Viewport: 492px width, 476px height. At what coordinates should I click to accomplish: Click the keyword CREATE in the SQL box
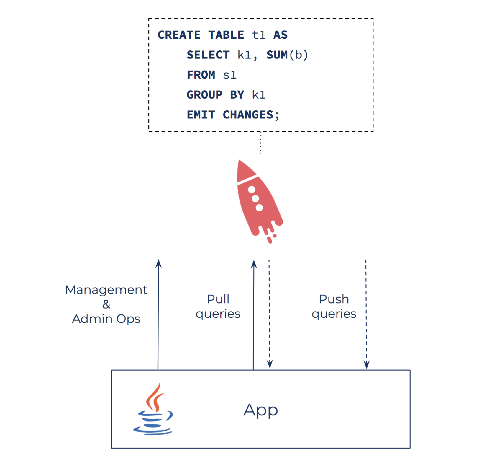(x=179, y=35)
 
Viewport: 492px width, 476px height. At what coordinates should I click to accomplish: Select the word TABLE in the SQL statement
(x=226, y=35)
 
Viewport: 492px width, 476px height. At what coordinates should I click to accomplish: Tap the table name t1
(x=258, y=35)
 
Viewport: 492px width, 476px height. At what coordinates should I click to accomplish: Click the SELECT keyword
(x=208, y=55)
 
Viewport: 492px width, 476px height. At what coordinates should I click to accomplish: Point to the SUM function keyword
(x=277, y=55)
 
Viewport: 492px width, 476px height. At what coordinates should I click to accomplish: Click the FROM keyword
(x=201, y=75)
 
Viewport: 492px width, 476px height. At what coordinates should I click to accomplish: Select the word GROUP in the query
(x=204, y=95)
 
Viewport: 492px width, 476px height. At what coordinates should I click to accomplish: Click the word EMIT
(x=201, y=115)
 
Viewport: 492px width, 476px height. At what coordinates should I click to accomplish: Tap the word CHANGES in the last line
(x=248, y=115)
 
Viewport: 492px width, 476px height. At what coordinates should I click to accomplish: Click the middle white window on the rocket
(x=255, y=198)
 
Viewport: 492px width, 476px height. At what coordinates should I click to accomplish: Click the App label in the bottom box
(x=261, y=410)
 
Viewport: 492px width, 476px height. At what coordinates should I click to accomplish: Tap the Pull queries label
(x=218, y=307)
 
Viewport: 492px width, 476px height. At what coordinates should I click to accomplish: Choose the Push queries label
(x=334, y=307)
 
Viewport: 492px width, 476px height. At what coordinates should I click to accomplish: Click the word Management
(x=106, y=290)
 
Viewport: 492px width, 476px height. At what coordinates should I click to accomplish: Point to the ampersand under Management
(x=106, y=304)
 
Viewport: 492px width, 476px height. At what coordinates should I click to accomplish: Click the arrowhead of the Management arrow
(x=158, y=263)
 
